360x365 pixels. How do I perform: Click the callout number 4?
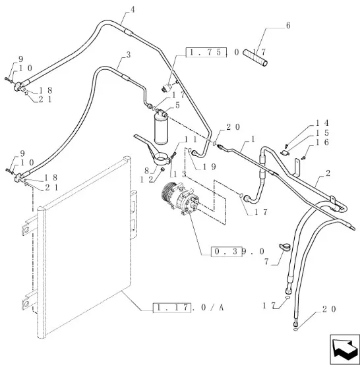(x=133, y=10)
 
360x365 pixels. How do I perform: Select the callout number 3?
(x=129, y=55)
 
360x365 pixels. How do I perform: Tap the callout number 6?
(x=288, y=26)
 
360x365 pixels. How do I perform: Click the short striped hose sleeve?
(x=255, y=57)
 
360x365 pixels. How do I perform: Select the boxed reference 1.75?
(x=206, y=52)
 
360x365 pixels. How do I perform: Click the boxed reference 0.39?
(x=226, y=252)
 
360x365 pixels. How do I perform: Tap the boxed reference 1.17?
(x=172, y=308)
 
